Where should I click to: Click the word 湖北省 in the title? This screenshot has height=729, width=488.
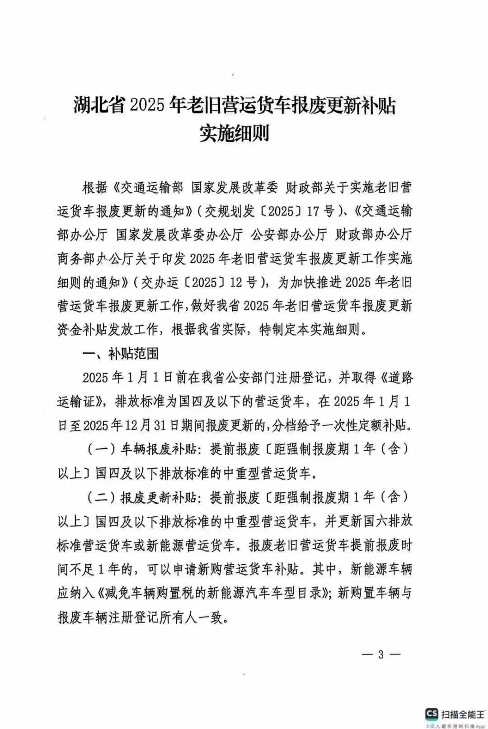coord(99,106)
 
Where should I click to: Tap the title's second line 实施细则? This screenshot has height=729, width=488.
coord(235,133)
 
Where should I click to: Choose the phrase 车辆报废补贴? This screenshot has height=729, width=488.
coord(158,449)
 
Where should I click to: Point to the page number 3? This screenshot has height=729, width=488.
coord(381,654)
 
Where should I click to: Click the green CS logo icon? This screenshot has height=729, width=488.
coord(432,713)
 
